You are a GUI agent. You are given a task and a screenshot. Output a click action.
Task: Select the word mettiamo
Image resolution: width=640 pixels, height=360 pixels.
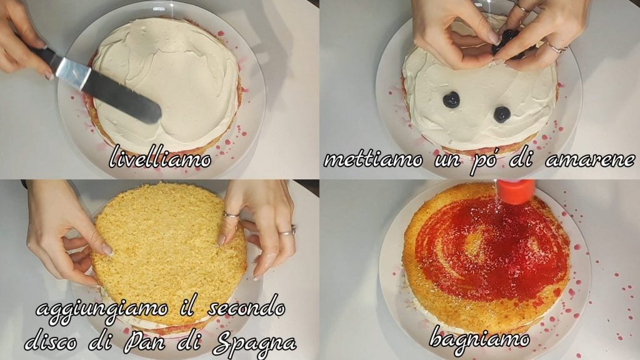373,159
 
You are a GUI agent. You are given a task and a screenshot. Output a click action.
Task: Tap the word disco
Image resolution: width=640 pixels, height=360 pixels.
51,342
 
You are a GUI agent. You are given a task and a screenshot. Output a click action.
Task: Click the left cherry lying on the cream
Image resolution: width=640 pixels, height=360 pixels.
451,99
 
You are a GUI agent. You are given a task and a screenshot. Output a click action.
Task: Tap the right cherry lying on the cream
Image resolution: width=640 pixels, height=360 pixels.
502,114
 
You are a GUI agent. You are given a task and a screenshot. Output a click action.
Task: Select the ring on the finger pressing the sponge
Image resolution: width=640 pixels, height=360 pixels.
231,214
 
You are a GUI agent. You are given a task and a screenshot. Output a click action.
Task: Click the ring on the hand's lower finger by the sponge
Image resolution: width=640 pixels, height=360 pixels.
287,231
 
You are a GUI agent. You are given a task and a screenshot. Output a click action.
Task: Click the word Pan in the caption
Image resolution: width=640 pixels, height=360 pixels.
143,342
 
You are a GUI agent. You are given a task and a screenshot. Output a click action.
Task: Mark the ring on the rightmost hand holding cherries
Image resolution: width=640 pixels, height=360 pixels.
556,47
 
